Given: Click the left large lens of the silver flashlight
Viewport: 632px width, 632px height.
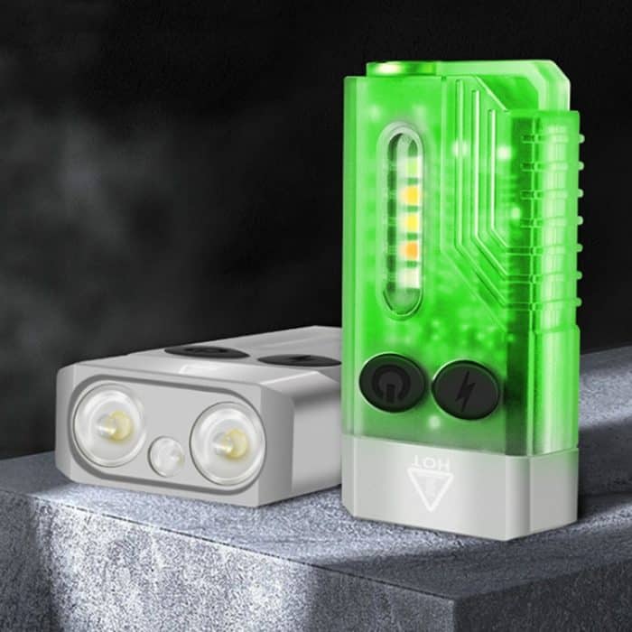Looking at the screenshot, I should click(x=113, y=421).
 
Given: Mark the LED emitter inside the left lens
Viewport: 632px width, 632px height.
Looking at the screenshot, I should click(x=115, y=423).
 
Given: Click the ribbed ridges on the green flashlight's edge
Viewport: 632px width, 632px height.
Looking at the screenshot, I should click(x=565, y=235).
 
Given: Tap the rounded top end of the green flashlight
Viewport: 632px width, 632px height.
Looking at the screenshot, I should click(x=451, y=72).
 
